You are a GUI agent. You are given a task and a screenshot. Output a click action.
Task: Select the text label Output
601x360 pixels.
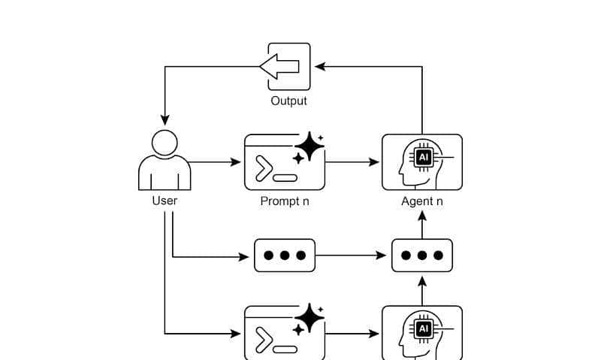[288, 101]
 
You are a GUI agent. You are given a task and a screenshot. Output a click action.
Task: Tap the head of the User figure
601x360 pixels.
[165, 143]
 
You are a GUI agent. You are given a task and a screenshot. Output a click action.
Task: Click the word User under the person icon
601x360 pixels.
[165, 201]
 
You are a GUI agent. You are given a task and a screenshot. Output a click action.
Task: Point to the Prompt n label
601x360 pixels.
[284, 201]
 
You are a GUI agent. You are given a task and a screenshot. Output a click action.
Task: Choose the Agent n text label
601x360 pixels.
[421, 201]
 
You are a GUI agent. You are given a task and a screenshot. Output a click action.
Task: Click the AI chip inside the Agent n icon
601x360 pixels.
[424, 157]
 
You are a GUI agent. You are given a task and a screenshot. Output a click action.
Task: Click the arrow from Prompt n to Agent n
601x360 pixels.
[353, 162]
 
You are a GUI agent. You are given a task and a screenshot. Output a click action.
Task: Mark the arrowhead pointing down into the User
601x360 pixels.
[165, 120]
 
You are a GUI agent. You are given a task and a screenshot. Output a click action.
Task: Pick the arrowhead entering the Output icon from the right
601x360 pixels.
[320, 67]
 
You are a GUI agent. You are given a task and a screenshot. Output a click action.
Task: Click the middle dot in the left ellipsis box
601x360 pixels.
[285, 256]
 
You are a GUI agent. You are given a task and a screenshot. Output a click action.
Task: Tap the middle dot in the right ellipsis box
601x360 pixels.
[421, 256]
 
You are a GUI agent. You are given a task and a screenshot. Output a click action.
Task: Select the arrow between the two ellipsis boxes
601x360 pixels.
[353, 256]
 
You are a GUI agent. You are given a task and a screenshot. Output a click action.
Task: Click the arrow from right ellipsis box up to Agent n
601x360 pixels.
[421, 225]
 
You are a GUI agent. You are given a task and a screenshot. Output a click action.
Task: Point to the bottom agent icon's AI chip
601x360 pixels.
[424, 329]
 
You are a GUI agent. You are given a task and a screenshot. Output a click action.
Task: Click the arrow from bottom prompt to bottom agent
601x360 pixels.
[353, 333]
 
